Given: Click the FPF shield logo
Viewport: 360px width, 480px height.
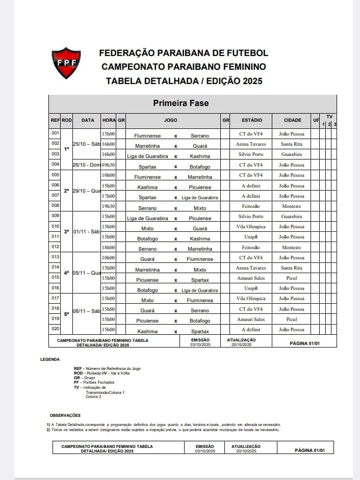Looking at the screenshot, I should coord(67,63).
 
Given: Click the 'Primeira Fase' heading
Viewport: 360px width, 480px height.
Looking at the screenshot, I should coord(181,103).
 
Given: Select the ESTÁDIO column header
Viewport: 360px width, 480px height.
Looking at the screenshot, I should coord(252,120).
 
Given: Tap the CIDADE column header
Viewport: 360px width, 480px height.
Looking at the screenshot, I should coord(292,120).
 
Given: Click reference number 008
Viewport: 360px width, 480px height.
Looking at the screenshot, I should coord(55,206).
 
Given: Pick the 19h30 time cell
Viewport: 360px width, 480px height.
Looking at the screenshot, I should coord(109,206).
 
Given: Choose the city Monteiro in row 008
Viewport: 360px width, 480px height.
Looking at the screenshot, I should coord(292,206).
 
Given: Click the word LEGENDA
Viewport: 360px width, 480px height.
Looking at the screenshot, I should coord(50,359).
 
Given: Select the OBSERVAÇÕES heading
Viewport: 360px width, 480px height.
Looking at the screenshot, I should coord(65,415).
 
